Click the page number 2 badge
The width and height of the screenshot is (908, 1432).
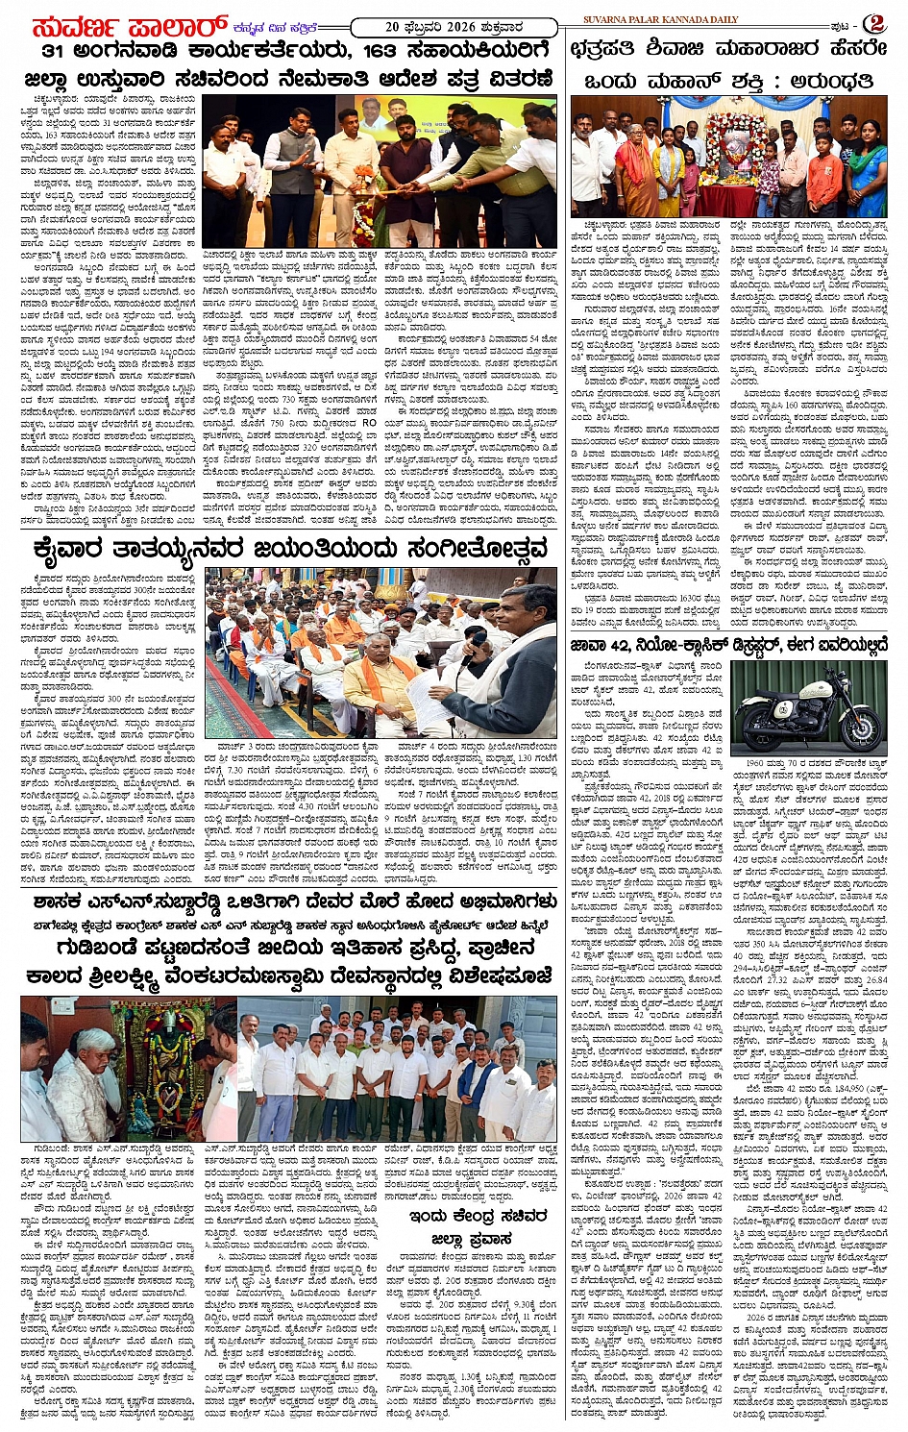pos(875,24)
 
